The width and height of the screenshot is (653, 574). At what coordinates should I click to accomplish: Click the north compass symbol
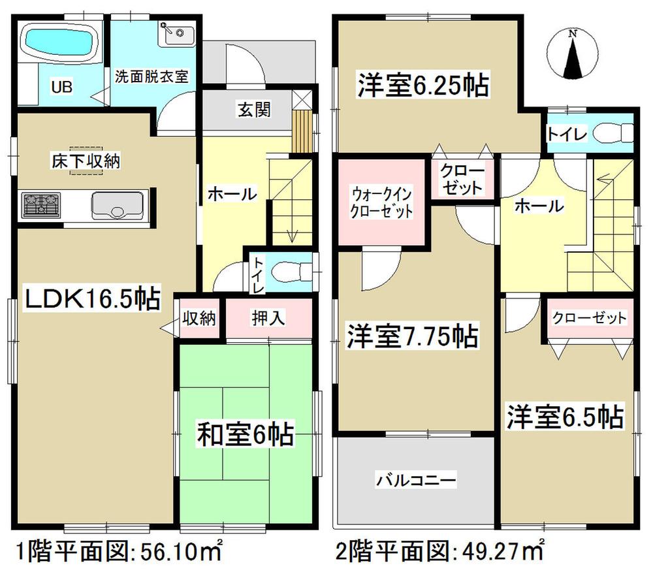[572, 54]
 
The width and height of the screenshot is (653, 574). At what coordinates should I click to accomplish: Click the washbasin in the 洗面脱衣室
[176, 33]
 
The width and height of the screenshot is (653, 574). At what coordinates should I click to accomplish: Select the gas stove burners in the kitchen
[41, 205]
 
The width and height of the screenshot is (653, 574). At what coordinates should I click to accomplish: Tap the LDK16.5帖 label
[91, 300]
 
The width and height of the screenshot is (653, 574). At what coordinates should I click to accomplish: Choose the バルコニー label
[415, 481]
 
